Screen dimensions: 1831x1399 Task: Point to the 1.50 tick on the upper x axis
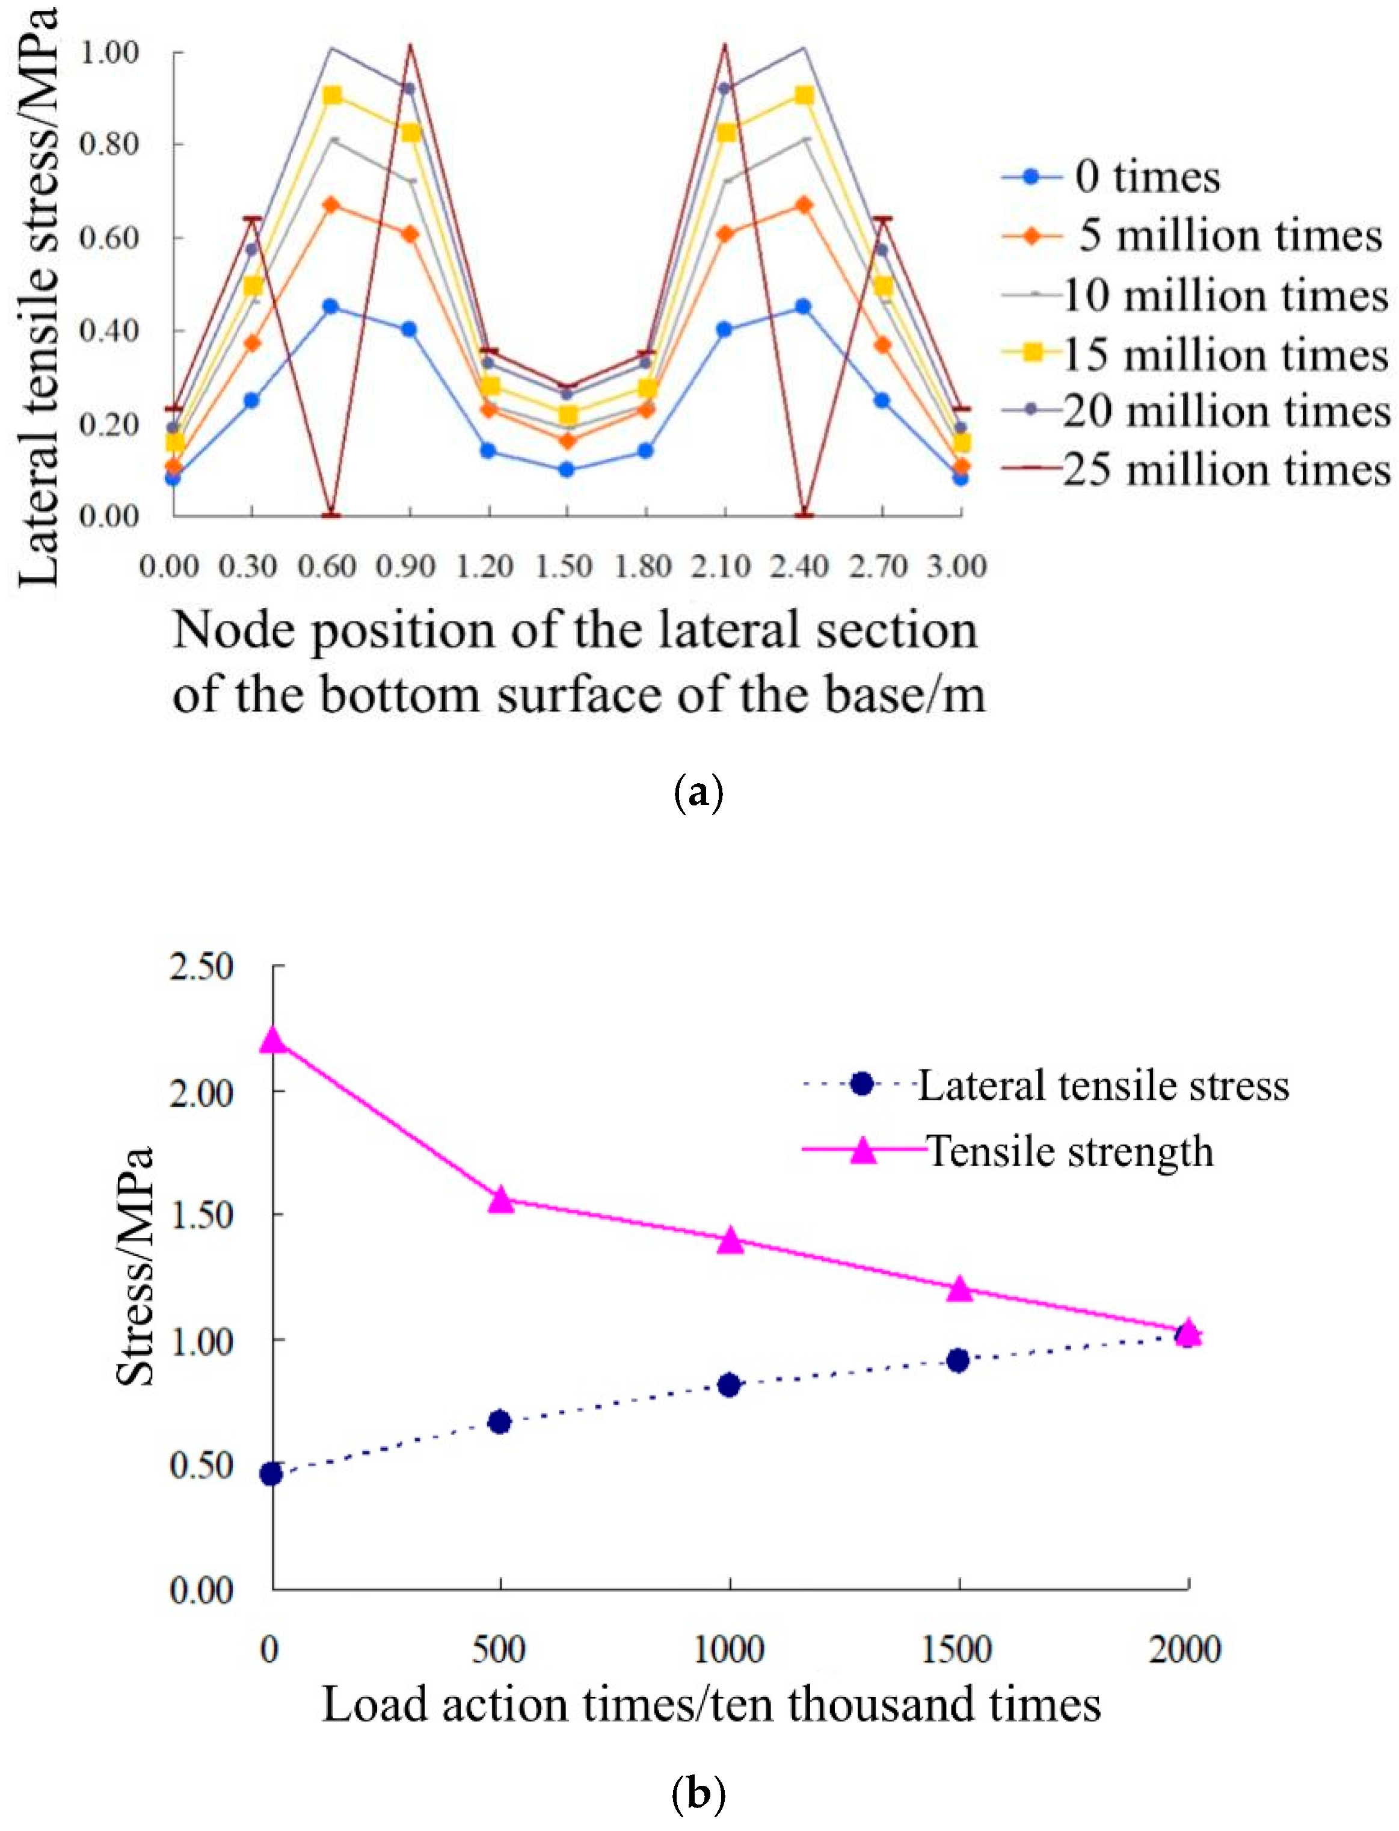(x=566, y=566)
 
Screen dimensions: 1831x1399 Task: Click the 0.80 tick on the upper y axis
(x=109, y=144)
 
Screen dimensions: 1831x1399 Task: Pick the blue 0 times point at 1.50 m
(x=566, y=470)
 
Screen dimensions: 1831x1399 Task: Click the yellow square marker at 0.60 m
(x=332, y=95)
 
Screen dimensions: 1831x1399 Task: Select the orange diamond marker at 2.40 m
(x=804, y=205)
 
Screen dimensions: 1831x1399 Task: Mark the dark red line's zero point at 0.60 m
(x=332, y=515)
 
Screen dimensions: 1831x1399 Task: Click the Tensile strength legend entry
(x=1069, y=1151)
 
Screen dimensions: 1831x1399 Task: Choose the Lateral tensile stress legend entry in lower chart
(x=1102, y=1085)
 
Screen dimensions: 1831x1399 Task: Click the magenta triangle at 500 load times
(x=500, y=1200)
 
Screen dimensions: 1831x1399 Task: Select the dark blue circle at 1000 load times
(x=728, y=1385)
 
